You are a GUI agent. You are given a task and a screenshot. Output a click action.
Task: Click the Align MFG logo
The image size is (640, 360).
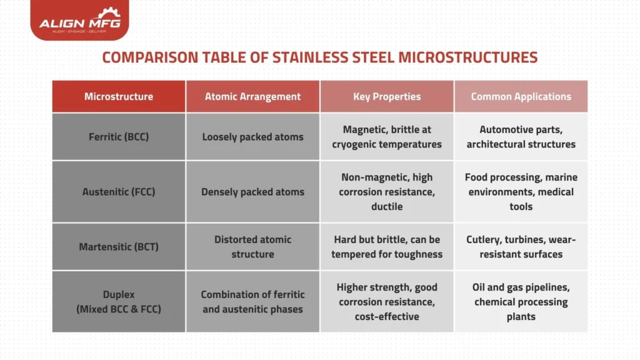pos(79,20)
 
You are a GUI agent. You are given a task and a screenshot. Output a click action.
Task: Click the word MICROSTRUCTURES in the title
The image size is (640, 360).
pos(467,57)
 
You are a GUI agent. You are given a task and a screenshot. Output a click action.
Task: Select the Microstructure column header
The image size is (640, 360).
pos(119,96)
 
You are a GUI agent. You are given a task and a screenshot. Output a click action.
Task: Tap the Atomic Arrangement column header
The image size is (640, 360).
pos(252,96)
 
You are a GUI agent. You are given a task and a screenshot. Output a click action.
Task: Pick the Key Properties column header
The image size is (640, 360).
pos(387,96)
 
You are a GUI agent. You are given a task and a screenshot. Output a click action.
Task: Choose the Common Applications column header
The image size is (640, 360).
pos(521,96)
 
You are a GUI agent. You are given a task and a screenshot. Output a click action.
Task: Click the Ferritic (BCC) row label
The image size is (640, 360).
pos(119,136)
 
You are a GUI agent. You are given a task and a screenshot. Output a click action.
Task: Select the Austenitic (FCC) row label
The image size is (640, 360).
pos(119,192)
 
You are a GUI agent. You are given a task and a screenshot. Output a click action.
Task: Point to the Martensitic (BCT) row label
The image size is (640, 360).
pos(119,246)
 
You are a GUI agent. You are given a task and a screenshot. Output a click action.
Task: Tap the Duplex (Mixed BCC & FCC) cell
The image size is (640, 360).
pos(119,301)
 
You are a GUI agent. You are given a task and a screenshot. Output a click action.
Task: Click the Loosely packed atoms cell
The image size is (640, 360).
pos(252,136)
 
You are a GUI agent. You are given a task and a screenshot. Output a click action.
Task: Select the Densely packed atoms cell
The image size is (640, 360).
pos(252,192)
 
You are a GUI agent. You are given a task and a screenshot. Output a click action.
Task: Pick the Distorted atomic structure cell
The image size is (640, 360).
pos(252,246)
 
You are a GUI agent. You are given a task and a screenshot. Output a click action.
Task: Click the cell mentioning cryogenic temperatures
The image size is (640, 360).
pos(387,136)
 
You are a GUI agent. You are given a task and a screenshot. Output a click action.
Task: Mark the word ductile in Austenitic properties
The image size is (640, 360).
pos(387,206)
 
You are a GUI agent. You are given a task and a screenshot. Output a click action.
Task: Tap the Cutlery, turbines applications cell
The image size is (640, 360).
pos(521,246)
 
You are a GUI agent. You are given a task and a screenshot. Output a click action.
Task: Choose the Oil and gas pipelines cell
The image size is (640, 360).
pos(521,301)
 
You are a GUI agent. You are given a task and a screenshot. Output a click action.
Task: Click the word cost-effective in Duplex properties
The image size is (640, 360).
pos(387,316)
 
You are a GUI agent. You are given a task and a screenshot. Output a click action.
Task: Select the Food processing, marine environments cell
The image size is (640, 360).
pos(521,192)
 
